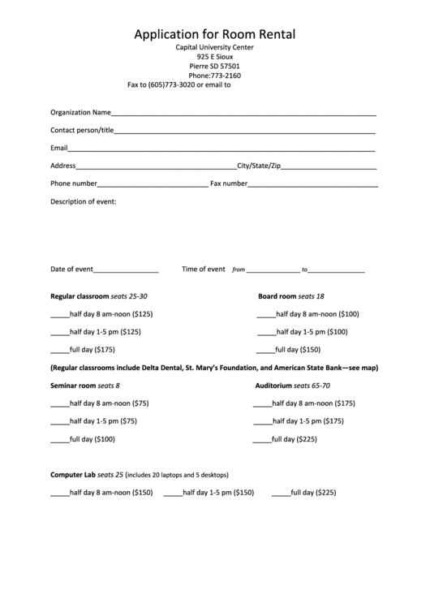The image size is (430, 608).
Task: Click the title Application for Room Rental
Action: tap(214, 34)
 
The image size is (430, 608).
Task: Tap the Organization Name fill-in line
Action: tap(243, 115)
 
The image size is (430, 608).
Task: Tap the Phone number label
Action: tap(74, 183)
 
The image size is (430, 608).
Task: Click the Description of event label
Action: tap(84, 201)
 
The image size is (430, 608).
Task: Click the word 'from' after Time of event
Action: tap(239, 270)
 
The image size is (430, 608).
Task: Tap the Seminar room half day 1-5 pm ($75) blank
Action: tap(59, 423)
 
